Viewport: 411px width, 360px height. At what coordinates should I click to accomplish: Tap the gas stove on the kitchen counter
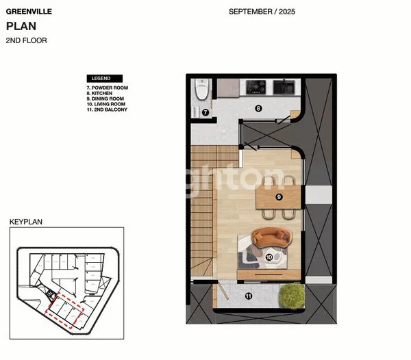[x=256, y=87]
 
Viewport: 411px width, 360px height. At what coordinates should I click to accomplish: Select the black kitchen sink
[x=284, y=87]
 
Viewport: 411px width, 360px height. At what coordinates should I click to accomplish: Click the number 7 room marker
[x=204, y=112]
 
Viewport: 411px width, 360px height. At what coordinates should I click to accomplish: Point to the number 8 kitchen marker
[x=258, y=107]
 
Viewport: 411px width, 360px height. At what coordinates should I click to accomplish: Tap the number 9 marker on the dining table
[x=279, y=197]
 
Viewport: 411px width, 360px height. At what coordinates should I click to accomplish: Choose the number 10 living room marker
[x=269, y=257]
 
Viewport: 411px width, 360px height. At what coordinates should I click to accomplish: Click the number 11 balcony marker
[x=248, y=296]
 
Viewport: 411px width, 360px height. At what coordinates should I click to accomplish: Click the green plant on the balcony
[x=291, y=296]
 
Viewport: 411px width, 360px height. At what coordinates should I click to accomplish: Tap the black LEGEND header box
[x=103, y=78]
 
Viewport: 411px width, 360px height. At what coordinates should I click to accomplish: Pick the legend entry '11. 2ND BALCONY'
[x=107, y=110]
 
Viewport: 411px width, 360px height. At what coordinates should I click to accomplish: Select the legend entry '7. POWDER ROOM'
[x=107, y=88]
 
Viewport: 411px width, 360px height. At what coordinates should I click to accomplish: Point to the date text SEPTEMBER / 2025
[x=262, y=12]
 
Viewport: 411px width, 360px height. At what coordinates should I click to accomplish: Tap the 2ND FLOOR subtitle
[x=26, y=40]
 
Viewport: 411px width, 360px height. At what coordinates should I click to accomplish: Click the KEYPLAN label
[x=25, y=222]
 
